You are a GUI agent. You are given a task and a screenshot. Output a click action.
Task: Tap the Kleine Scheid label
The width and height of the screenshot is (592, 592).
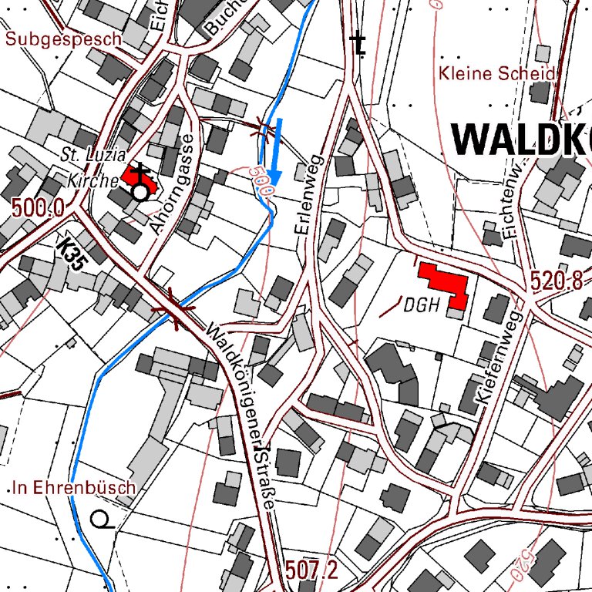pos(497,74)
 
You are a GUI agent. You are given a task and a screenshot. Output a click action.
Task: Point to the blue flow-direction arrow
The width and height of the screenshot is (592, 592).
pos(276,154)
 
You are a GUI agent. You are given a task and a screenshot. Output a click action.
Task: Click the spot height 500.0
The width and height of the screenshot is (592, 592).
pos(37,207)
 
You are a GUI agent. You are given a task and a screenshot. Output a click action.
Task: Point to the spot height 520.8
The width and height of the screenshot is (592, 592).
pos(557,282)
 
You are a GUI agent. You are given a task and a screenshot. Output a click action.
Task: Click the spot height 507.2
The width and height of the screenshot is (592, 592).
pos(311,571)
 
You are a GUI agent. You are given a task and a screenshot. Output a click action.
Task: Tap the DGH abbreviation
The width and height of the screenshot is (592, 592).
pos(421,305)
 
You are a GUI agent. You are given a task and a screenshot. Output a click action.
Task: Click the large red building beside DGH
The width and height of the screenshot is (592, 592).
pos(443,284)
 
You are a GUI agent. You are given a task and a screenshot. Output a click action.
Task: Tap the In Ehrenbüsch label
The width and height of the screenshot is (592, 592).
pos(74,488)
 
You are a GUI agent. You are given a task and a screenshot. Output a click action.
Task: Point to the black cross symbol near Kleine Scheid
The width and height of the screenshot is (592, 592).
pos(358,45)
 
